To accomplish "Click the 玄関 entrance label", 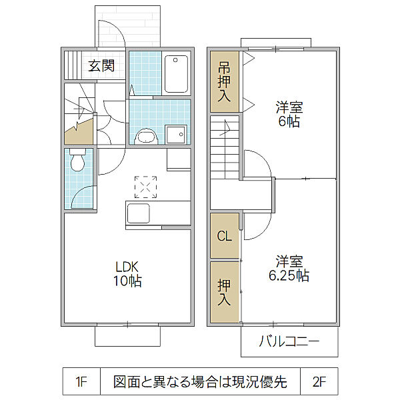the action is coord(101,66).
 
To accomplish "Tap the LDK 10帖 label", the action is coord(127,274).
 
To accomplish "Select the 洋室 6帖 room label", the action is coord(289,114).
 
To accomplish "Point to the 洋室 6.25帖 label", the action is coord(289,269).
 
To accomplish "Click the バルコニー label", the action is coord(289,341).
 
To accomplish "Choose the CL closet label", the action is coord(224,236).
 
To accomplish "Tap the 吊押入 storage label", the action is coord(224,81).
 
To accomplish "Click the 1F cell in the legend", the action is coord(81,381).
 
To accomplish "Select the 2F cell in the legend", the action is coord(319,381).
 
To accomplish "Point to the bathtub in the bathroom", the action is coord(176,74).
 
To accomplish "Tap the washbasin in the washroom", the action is coord(147,136).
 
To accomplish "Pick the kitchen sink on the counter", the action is coord(138,213).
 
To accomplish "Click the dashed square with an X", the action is coord(145,187).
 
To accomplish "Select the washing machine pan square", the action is coord(176,135).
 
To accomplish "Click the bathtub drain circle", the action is coord(175,60).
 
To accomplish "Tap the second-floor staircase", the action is coord(225,147).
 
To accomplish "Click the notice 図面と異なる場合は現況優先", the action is coord(200,381).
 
